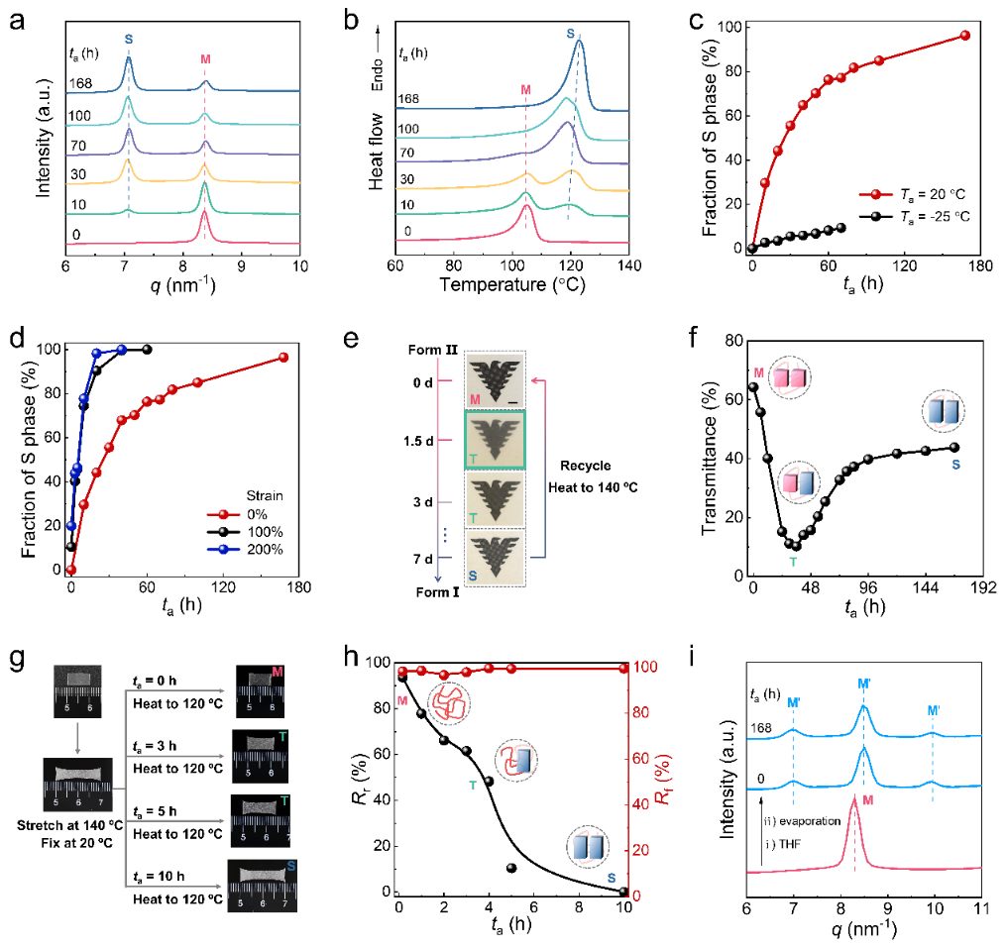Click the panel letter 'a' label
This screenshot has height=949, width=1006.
[16, 19]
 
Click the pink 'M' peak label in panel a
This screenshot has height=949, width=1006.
[205, 59]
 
